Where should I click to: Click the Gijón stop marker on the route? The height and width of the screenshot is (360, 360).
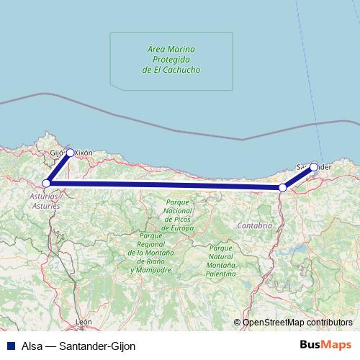70,153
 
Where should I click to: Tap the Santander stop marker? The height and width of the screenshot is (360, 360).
314,166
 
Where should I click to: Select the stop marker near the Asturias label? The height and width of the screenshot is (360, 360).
46,183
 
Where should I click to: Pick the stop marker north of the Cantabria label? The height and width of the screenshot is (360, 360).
283,188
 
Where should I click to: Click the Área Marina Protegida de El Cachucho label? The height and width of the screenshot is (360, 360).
172,60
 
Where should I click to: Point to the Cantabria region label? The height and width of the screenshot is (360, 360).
254,225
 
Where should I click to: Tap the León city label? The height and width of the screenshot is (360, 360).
85,322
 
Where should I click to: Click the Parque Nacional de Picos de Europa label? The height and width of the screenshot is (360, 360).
178,215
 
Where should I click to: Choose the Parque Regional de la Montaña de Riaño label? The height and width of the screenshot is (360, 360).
152,253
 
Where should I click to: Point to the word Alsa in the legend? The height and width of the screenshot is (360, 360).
32,345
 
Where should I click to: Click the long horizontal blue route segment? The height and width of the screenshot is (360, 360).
166,186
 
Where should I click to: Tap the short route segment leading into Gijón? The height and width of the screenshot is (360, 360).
58,168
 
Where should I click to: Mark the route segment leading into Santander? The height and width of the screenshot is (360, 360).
299,177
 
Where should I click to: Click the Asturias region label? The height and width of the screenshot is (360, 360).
45,199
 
